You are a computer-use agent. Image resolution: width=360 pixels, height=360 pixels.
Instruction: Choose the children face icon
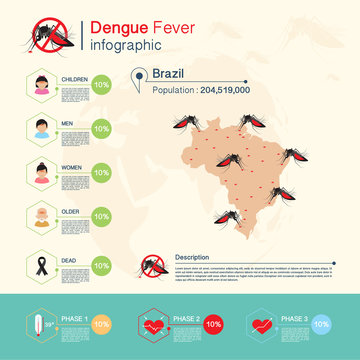point(42,85)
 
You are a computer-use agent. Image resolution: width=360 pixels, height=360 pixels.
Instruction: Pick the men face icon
point(42,128)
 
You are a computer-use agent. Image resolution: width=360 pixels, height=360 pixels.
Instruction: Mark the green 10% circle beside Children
point(101,85)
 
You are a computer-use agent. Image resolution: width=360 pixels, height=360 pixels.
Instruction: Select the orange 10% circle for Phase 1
point(101,325)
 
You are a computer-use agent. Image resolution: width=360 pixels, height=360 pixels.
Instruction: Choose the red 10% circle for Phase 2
point(213,325)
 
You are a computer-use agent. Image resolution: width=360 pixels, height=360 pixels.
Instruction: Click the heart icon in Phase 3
point(262,325)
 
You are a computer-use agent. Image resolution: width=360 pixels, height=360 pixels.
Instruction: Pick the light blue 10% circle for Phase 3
point(322,325)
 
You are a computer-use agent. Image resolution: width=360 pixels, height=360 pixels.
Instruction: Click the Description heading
point(196,257)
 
